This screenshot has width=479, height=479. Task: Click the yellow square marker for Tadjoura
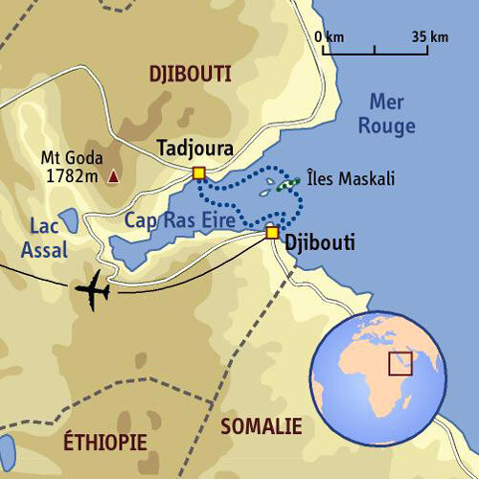199,173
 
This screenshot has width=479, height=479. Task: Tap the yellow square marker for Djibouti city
272,232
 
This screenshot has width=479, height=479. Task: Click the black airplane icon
93,290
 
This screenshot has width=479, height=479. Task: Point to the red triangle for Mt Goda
115,176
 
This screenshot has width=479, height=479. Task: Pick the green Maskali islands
282,186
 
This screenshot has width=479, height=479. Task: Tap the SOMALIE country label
261,426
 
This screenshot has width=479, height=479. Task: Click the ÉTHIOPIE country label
105,442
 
